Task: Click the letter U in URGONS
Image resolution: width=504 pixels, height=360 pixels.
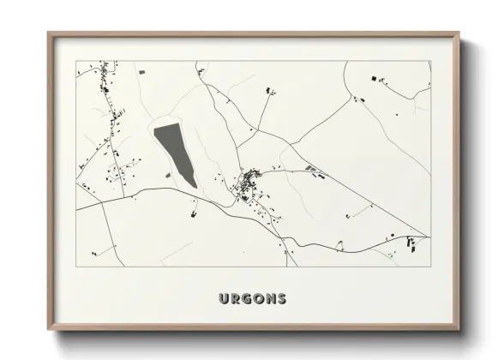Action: click(224, 299)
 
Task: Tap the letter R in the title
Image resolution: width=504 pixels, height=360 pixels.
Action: click(236, 299)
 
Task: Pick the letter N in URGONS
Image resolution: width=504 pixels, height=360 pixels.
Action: click(271, 299)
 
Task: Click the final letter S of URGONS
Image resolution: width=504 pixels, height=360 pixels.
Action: click(282, 299)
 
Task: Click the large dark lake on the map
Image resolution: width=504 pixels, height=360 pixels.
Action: click(176, 154)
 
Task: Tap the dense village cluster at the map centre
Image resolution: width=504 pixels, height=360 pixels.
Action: click(251, 183)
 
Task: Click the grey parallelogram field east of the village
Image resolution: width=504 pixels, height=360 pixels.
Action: click(310, 168)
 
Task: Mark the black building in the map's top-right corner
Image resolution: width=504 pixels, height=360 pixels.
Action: click(375, 79)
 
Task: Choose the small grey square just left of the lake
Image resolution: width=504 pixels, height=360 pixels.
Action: click(168, 175)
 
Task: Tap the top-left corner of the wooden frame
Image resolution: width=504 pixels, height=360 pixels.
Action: click(48, 33)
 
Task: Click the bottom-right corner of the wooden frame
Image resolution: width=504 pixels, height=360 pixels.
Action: click(459, 330)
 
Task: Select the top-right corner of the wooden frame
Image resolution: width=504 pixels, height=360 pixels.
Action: click(459, 33)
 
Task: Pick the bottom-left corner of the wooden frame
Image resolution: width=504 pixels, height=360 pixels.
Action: click(48, 330)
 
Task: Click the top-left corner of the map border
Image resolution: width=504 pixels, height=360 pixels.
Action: click(76, 61)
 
